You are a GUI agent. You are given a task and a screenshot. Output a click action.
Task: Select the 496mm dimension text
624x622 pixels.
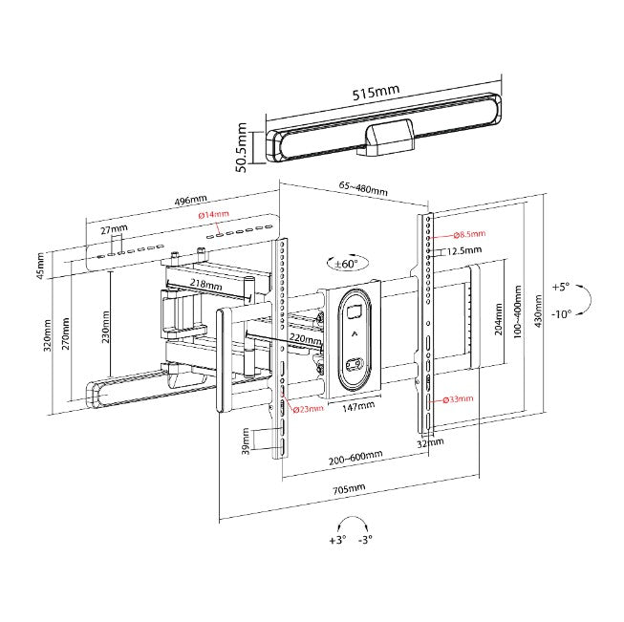pyautogui.click(x=191, y=200)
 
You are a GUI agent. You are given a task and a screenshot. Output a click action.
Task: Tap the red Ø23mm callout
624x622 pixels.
pyautogui.click(x=306, y=409)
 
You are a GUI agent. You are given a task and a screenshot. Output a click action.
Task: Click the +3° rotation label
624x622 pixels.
pyautogui.click(x=336, y=540)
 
